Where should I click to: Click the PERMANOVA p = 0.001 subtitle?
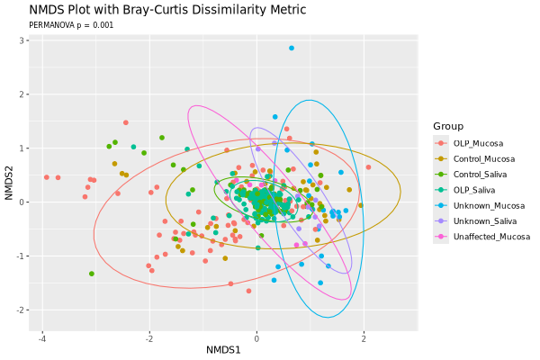71,25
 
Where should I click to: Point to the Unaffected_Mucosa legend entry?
491,237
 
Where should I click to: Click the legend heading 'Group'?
447,126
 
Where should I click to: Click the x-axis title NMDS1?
223,349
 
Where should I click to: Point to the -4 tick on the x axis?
42,338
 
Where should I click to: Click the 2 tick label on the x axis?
364,338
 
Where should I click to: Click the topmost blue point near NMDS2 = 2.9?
292,48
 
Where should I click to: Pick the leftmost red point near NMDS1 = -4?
47,177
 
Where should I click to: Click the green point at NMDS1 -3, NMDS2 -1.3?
92,274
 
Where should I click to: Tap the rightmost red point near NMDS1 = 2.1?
368,167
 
